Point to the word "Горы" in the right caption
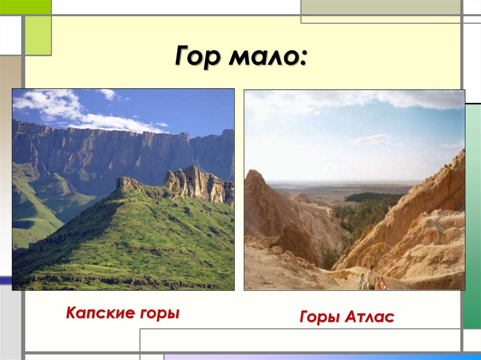point(319,317)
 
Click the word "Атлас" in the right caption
point(369,317)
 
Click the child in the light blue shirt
point(362,282)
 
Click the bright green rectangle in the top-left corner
point(25,7)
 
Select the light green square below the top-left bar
point(38,35)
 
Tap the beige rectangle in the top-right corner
point(380,7)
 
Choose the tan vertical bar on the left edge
point(10,164)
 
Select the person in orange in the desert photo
point(380,283)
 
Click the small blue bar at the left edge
point(6,280)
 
